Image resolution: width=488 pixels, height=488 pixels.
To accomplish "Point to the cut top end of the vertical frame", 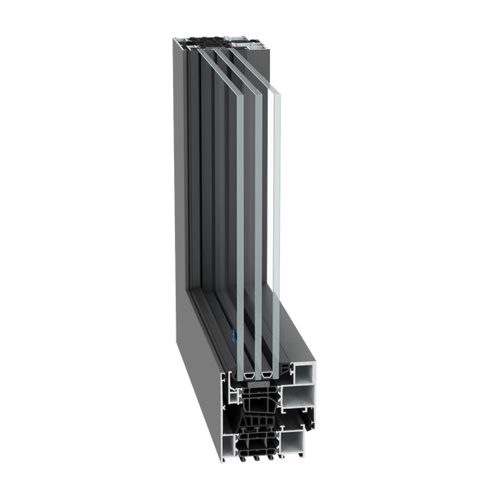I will [x=220, y=39].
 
